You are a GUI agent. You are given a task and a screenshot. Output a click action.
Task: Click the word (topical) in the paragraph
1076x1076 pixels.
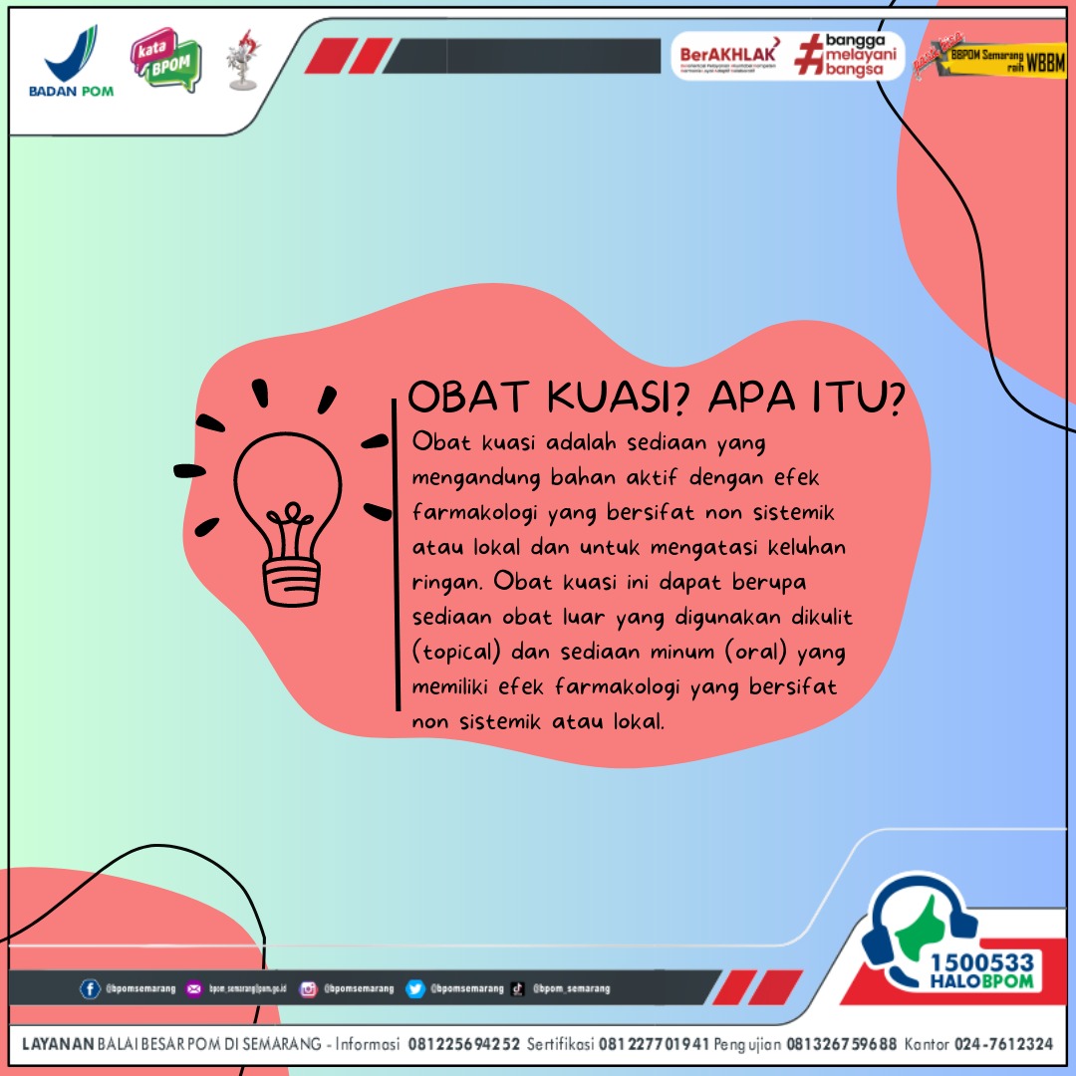tap(459, 652)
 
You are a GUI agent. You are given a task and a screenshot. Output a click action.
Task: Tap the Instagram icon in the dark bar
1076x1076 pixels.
tap(309, 989)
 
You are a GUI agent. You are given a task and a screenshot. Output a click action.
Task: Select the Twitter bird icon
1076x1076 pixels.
tap(415, 989)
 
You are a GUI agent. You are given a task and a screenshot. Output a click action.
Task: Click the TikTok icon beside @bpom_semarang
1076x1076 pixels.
tap(518, 989)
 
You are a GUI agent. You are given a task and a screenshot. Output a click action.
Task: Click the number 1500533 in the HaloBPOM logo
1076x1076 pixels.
tap(980, 963)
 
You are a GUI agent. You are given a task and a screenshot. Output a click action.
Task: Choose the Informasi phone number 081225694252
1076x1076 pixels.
tap(463, 1044)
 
